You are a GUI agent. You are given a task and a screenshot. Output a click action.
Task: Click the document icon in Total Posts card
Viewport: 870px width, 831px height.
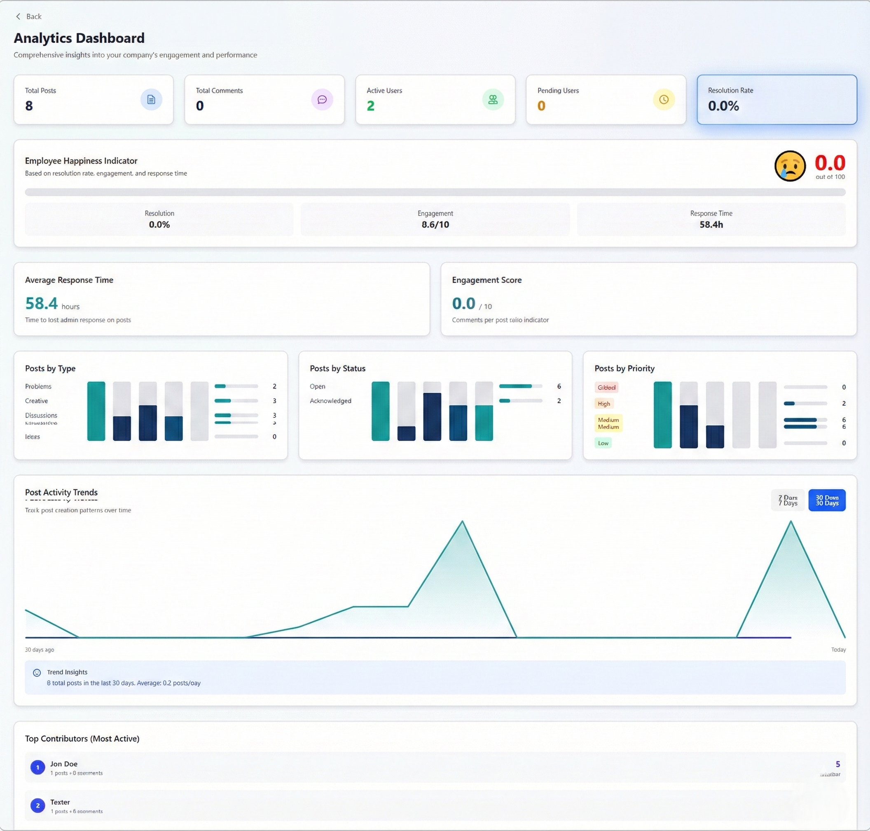[151, 100]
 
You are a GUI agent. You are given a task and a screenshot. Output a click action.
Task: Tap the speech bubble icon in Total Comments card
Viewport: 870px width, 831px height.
[322, 100]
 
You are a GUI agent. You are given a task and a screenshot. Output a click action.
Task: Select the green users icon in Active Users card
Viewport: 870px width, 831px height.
[493, 100]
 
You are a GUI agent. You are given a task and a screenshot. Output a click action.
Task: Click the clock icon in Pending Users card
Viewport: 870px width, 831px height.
[663, 100]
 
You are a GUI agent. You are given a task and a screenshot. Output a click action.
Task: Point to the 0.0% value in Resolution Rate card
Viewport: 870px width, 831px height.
[723, 106]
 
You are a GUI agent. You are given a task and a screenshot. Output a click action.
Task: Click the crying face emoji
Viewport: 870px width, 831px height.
[789, 166]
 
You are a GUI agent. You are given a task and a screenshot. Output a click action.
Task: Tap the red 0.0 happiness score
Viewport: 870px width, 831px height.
[830, 163]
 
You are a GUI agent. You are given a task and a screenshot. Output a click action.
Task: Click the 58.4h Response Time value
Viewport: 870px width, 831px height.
[711, 225]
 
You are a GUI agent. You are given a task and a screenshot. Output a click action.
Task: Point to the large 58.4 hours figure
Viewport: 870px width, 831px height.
[42, 303]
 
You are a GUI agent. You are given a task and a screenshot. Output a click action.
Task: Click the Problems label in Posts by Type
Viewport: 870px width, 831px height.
[38, 386]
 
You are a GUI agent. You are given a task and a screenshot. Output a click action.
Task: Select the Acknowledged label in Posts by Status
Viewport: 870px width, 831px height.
[330, 401]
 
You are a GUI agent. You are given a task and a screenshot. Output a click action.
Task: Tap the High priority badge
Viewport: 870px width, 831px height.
[603, 404]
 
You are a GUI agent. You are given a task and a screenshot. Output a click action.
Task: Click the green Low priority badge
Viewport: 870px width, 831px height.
[603, 443]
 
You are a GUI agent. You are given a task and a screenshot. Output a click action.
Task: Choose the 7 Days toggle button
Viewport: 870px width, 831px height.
[787, 500]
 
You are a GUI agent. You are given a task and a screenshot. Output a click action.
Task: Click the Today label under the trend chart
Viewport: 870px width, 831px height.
[838, 649]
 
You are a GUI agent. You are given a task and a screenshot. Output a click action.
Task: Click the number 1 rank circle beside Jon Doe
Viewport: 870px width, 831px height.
[37, 767]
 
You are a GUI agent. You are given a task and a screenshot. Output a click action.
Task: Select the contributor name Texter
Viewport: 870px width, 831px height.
[60, 802]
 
